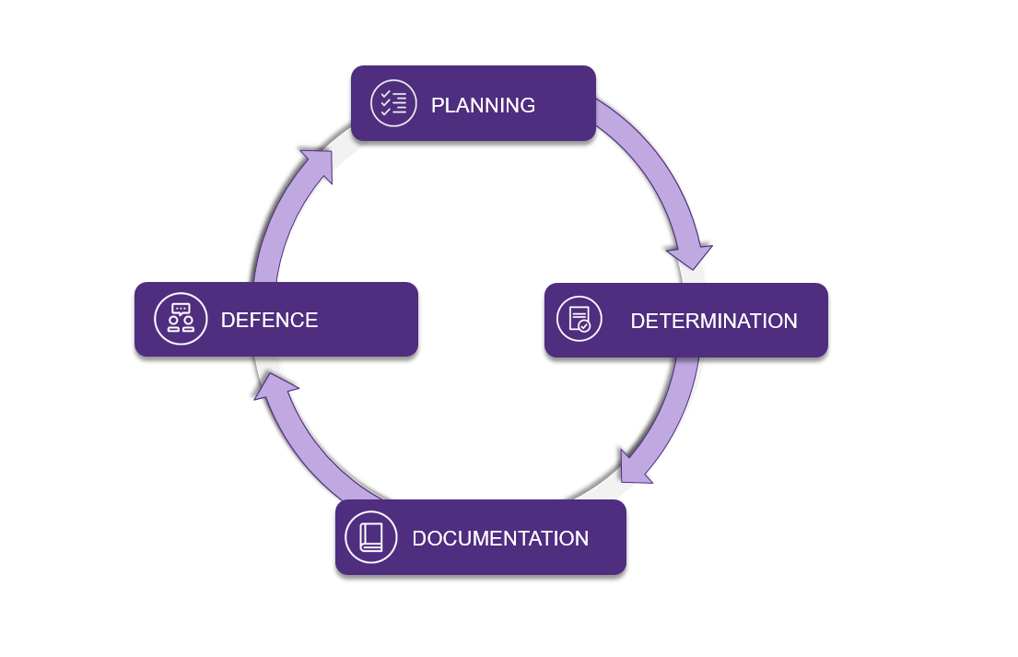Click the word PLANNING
pos(483,105)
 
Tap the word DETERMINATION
pos(713,322)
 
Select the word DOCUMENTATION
pos(500,538)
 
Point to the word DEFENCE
pos(269,320)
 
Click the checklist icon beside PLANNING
pos(393,103)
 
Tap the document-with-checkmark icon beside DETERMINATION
pos(579,320)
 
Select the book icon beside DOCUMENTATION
pos(370,537)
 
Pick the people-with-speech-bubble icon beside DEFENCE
pos(181,319)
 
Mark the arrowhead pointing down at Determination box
pos(690,253)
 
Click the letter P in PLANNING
pos(438,105)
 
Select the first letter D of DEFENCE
pos(228,320)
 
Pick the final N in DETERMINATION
pos(790,322)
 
